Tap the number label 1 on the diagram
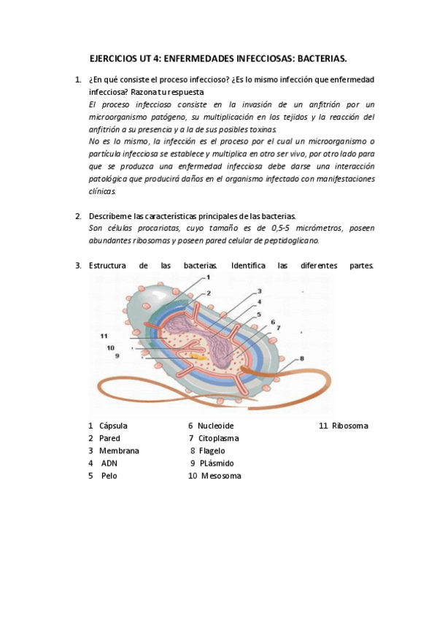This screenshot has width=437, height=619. (208, 277)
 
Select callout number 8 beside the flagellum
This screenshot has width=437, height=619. (301, 358)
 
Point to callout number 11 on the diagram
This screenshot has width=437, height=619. (104, 335)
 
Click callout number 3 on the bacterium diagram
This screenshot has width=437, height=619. (258, 291)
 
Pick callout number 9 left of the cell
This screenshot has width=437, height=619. (116, 355)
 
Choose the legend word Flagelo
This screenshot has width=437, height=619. (212, 450)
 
